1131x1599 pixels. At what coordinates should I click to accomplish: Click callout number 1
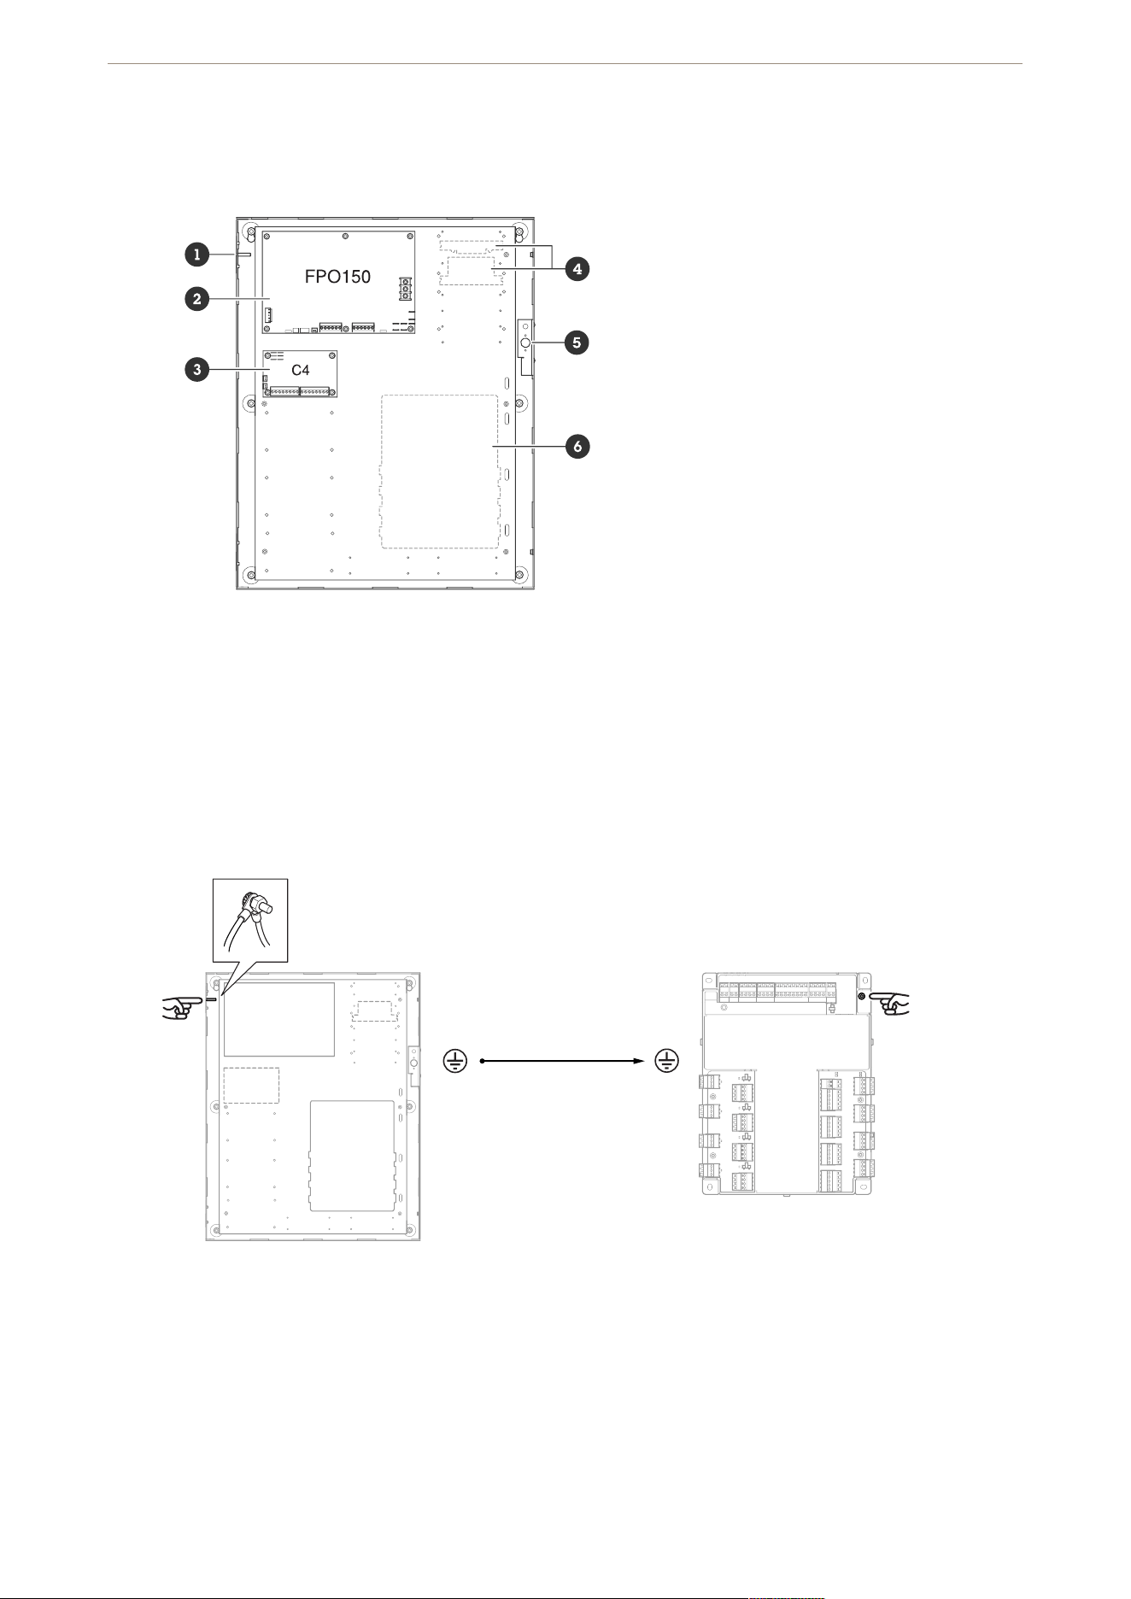196,253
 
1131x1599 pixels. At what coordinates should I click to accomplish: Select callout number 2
196,299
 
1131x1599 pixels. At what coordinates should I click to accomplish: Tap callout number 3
196,370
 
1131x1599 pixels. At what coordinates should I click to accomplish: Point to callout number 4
577,268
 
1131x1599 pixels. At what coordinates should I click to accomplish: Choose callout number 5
577,343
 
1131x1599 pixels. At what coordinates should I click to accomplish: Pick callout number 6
577,446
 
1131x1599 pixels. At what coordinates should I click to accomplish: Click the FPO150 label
337,278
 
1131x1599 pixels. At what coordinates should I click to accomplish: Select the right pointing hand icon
892,1003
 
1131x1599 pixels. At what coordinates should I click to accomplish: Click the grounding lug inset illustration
250,927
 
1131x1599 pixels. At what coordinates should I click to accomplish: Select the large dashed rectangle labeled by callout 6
439,471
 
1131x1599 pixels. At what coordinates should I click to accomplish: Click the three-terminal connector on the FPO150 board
404,289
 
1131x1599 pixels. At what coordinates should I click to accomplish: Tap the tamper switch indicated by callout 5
524,344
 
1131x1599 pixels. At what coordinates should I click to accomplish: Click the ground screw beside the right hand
862,997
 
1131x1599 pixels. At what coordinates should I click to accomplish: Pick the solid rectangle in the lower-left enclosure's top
279,1019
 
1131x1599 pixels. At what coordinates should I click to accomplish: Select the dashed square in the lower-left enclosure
251,1085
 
